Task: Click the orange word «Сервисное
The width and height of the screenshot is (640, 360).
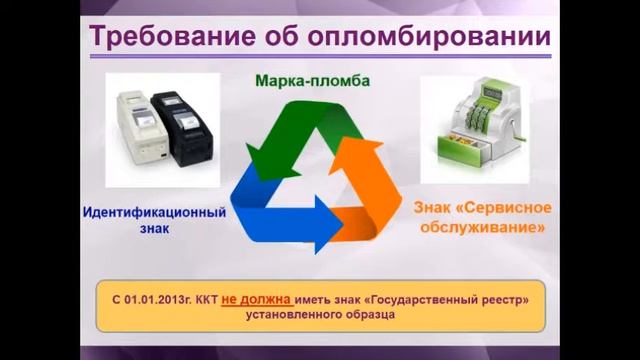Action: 515,210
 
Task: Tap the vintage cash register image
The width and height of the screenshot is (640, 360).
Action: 477,120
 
